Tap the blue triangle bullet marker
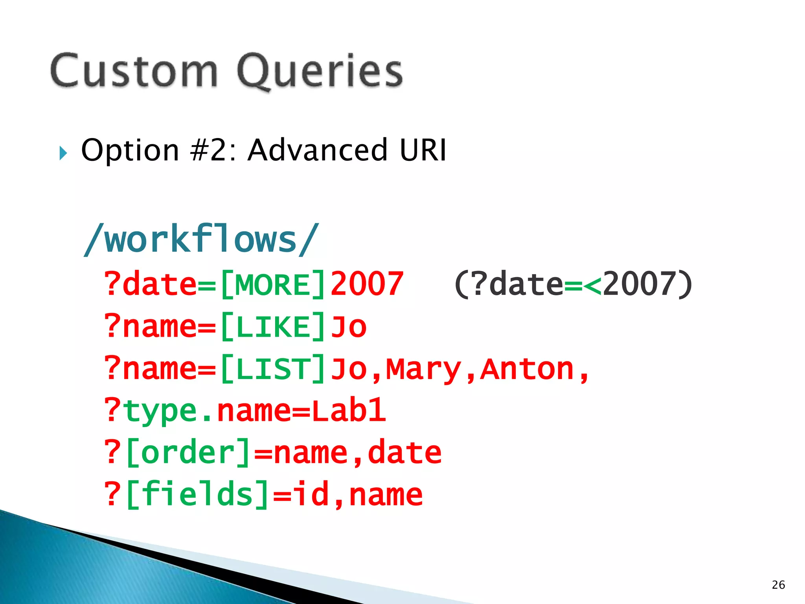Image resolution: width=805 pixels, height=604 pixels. pyautogui.click(x=63, y=153)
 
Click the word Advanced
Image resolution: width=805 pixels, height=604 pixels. pyautogui.click(x=317, y=150)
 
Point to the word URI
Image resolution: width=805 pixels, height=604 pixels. pyautogui.click(x=423, y=150)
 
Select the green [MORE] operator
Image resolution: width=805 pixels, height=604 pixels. pyautogui.click(x=273, y=284)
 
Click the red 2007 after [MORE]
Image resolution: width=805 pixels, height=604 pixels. pyautogui.click(x=367, y=284)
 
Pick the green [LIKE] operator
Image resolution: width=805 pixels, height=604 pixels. pyautogui.click(x=273, y=327)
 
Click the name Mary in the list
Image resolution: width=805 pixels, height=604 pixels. pyautogui.click(x=423, y=370)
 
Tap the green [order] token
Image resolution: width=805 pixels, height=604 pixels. pyautogui.click(x=188, y=453)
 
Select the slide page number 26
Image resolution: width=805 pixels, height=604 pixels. pyautogui.click(x=778, y=585)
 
